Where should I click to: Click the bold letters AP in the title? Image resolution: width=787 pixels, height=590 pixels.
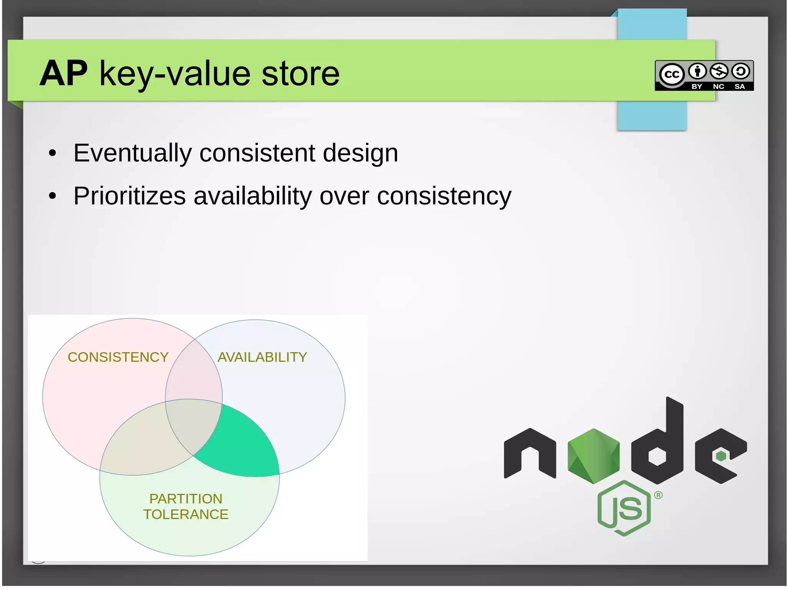pos(64,73)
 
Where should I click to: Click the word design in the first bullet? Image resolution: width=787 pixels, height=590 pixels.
pos(360,153)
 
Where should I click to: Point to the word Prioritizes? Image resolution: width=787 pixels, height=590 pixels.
pos(130,196)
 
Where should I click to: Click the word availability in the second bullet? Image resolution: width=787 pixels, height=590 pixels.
pos(252,196)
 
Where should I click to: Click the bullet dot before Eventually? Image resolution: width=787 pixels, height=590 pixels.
pos(53,154)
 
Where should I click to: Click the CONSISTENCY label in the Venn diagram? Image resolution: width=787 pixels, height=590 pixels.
pos(118,357)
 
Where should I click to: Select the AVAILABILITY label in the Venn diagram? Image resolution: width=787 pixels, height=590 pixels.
pos(262,357)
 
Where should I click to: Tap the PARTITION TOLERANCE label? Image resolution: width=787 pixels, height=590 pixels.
pos(186,507)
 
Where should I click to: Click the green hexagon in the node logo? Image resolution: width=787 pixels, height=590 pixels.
pos(593,456)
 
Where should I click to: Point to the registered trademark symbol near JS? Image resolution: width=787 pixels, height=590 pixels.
pos(658,495)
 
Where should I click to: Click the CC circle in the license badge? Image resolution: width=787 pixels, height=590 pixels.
pos(672,74)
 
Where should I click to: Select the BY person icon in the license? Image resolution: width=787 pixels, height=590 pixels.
pos(697,71)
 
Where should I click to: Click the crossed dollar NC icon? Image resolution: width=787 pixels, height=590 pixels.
pos(719,71)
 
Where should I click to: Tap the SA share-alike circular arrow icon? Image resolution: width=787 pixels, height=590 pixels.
pos(740,71)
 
